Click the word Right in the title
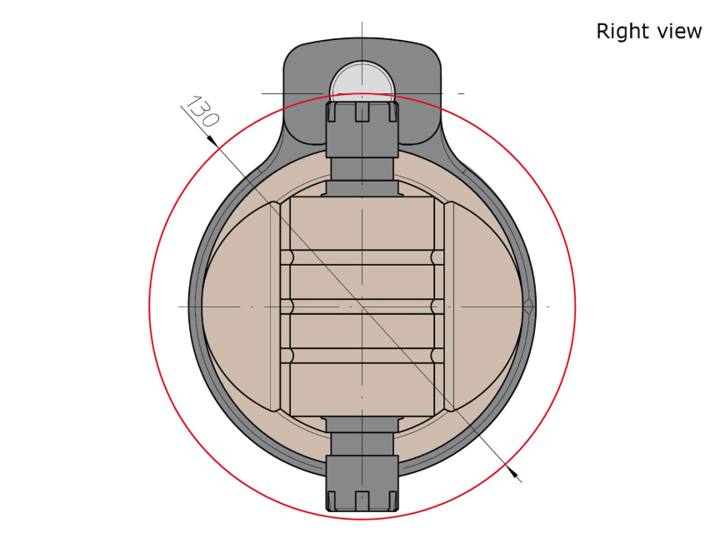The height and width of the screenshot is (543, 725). click(x=619, y=32)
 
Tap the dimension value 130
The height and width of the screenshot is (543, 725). click(x=202, y=112)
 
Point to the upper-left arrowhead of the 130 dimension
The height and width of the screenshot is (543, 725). click(x=212, y=141)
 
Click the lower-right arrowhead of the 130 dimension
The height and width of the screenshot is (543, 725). click(x=512, y=471)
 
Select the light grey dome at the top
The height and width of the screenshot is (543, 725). click(x=362, y=79)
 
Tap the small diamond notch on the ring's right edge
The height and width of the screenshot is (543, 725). click(x=528, y=306)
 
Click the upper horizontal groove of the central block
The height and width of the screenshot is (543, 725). click(x=362, y=257)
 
